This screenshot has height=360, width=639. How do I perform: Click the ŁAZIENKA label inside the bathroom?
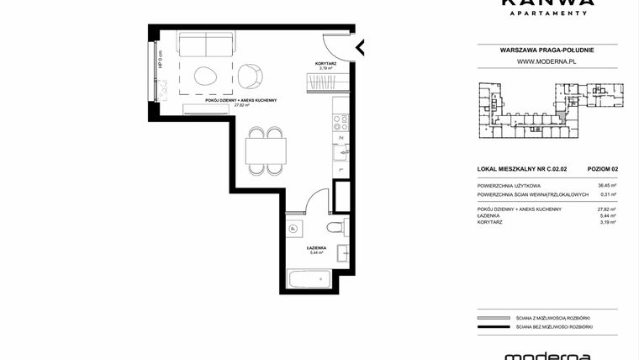pyautogui.click(x=317, y=247)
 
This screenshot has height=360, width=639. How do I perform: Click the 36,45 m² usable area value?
pyautogui.click(x=605, y=186)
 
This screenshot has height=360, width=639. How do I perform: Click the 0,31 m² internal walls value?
pyautogui.click(x=605, y=194)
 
